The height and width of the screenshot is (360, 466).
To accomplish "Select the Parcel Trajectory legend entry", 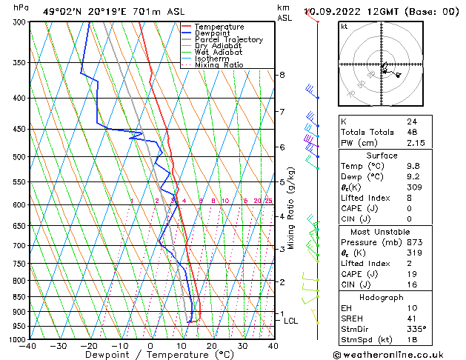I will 228,40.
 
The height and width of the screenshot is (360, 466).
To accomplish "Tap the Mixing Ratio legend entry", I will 219,66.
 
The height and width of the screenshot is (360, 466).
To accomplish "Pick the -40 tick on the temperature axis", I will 28,346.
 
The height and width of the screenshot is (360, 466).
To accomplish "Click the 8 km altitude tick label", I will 282,75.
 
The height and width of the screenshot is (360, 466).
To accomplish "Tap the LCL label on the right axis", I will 290,321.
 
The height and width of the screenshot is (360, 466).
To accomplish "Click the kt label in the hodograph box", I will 344,26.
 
